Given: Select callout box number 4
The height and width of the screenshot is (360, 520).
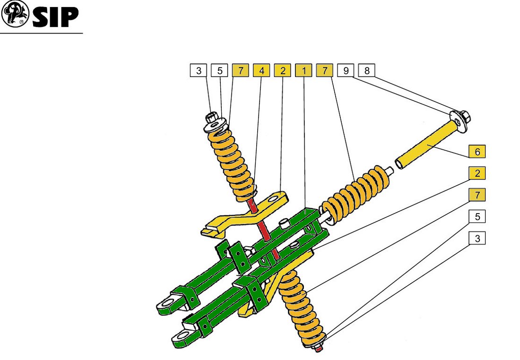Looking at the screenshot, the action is (x=261, y=70).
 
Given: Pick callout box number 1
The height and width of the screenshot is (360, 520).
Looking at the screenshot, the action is (x=303, y=70).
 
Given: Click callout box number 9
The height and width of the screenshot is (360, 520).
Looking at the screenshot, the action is (x=346, y=70).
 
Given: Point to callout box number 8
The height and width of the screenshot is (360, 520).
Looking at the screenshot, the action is (x=367, y=70).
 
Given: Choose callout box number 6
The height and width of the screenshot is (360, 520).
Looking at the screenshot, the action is (x=477, y=152).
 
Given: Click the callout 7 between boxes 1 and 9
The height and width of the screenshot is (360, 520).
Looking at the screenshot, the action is (x=325, y=70).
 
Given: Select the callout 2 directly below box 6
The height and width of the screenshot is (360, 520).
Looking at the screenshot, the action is (x=477, y=173).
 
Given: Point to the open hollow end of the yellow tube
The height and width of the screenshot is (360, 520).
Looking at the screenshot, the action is (x=399, y=164).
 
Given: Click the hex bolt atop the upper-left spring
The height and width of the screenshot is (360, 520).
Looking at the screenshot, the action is (x=211, y=118).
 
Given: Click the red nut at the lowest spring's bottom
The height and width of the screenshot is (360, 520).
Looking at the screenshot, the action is (x=319, y=348).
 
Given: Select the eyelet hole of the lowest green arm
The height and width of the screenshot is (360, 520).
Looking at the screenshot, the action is (x=179, y=338).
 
